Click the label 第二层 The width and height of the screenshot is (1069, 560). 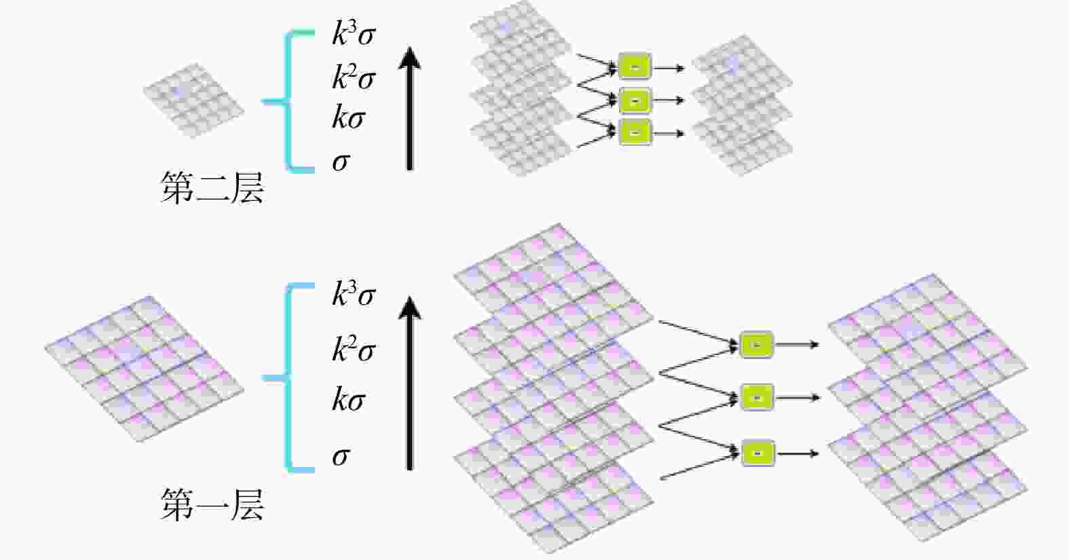[212, 187]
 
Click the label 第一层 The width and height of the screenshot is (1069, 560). [212, 504]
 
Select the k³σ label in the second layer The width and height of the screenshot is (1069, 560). [354, 33]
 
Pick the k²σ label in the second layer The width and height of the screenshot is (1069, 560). [354, 77]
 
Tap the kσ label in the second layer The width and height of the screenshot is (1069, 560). [348, 117]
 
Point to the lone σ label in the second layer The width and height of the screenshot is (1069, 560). [341, 162]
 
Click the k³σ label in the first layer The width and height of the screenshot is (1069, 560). [354, 293]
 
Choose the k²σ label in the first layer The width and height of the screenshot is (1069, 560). [354, 349]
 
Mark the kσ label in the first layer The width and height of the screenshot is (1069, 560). [348, 398]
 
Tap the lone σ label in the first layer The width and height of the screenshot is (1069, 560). [341, 457]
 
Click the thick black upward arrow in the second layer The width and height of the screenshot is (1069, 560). [409, 109]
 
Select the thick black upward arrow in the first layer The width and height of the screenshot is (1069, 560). [409, 384]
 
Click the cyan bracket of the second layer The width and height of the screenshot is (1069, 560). [288, 101]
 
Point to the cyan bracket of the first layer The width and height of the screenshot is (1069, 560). [288, 378]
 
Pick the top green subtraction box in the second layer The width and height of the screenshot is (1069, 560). [635, 67]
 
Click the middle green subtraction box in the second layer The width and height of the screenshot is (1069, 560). [635, 100]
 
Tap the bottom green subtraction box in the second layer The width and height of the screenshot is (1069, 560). [635, 132]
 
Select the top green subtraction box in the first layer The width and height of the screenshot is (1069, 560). [756, 344]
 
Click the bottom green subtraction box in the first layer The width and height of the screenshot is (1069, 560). [758, 453]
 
